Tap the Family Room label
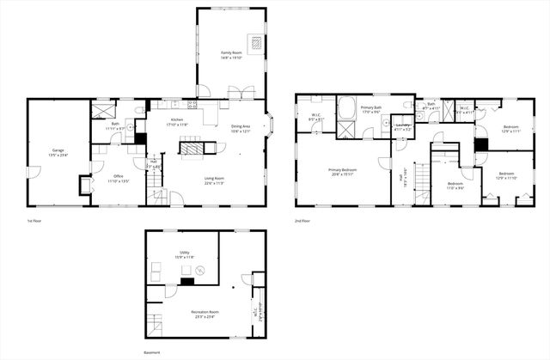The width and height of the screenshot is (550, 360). tap(230, 52)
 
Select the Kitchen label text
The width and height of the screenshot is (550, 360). tap(177, 119)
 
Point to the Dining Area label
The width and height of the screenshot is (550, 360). tap(241, 127)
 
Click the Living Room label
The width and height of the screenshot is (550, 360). tap(213, 178)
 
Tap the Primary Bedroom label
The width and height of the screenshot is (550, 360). tap(342, 169)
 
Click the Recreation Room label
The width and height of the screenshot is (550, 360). tap(205, 312)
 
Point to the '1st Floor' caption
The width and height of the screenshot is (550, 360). tap(34, 221)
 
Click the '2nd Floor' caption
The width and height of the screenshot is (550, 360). tap(302, 221)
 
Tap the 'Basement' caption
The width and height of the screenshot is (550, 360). tap(152, 351)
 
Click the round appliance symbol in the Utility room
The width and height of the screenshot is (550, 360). tap(199, 270)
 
